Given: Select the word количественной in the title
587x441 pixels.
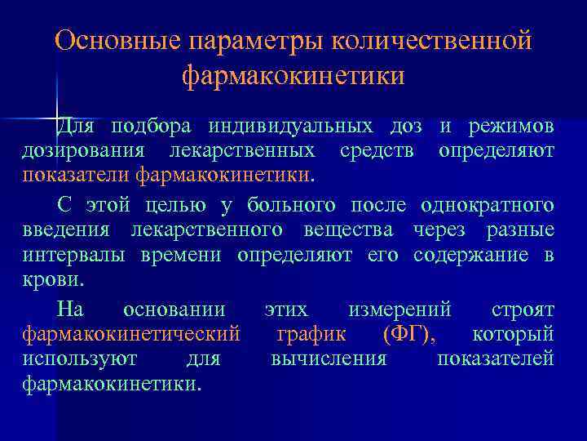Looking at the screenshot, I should tap(431, 40).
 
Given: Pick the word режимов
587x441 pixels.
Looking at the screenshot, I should tap(511, 127).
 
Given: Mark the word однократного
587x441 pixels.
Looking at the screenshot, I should tap(488, 204).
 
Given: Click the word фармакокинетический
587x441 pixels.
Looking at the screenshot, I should tap(131, 334).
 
